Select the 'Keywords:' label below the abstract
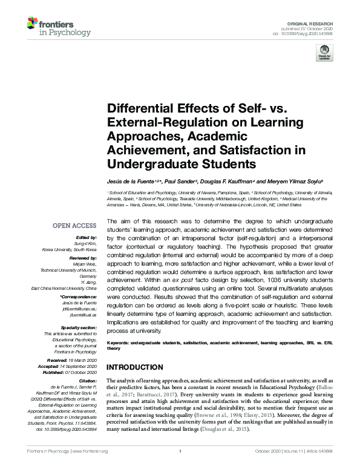(x=119, y=342)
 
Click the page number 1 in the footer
(x=180, y=468)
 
